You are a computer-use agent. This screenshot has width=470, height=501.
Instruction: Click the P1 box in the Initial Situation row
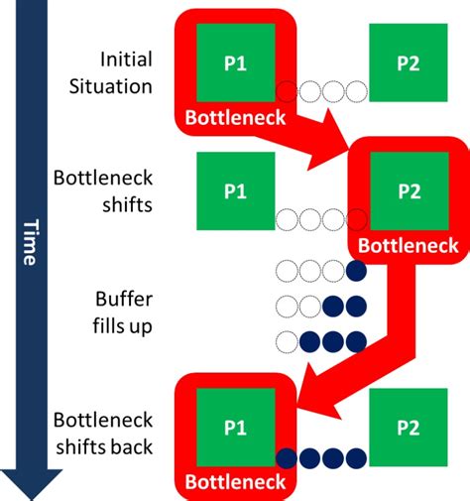tap(235, 62)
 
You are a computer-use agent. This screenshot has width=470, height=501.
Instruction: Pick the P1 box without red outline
tap(235, 190)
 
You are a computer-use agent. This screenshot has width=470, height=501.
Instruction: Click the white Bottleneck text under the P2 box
tap(408, 245)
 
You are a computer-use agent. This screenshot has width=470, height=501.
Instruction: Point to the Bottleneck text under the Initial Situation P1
tap(235, 118)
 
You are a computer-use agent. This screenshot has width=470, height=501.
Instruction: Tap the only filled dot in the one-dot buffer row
tap(355, 269)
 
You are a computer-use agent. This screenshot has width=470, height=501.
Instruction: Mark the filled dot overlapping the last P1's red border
tap(287, 458)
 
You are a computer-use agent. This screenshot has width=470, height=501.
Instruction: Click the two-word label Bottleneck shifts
tap(104, 191)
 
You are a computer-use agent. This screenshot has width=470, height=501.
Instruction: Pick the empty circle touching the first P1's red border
tap(287, 92)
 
